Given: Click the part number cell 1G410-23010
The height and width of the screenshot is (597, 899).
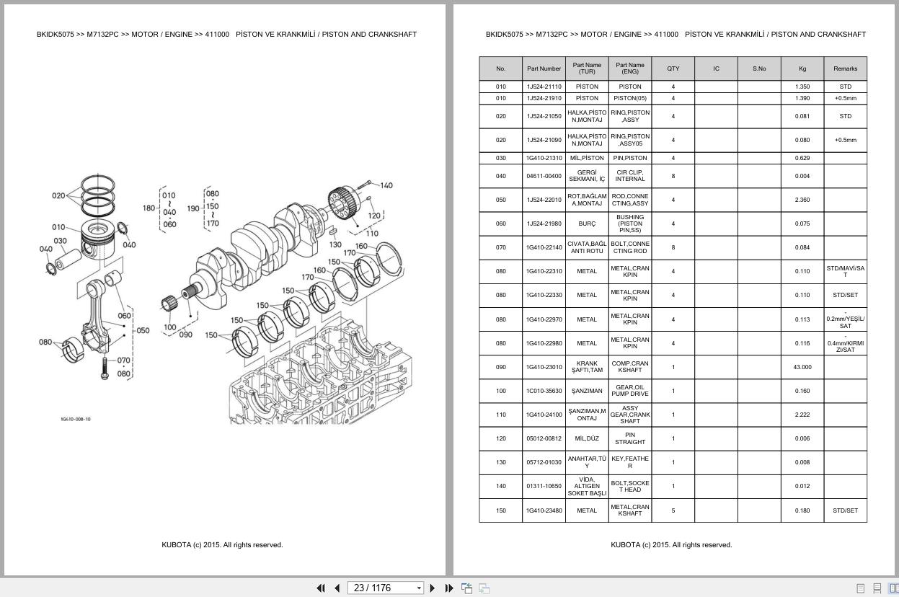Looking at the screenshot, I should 544,367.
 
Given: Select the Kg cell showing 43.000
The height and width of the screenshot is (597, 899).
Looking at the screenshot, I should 802,367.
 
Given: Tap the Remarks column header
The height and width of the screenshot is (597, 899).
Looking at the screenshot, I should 845,69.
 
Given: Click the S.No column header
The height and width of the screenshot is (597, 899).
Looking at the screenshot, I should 758,69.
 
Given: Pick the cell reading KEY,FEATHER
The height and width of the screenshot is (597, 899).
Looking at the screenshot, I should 629,462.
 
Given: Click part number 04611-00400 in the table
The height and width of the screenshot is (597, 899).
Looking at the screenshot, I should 544,176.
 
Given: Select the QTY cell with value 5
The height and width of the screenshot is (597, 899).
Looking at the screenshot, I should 673,510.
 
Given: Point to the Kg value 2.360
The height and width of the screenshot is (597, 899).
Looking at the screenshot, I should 802,200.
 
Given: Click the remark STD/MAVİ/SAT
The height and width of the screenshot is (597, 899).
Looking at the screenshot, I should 845,271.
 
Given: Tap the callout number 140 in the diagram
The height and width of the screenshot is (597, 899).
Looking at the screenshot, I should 386,185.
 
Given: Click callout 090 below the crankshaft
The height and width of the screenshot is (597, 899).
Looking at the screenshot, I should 185,335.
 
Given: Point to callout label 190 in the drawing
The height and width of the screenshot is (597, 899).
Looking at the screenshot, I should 193,208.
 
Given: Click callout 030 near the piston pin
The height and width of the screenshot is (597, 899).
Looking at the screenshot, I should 60,241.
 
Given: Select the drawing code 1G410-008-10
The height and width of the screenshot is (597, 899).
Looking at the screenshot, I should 76,419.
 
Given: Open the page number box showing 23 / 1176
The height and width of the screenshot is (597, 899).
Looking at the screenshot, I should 385,588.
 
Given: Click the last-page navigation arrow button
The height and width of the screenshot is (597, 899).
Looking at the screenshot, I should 448,588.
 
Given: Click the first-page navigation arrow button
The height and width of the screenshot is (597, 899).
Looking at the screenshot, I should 321,588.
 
